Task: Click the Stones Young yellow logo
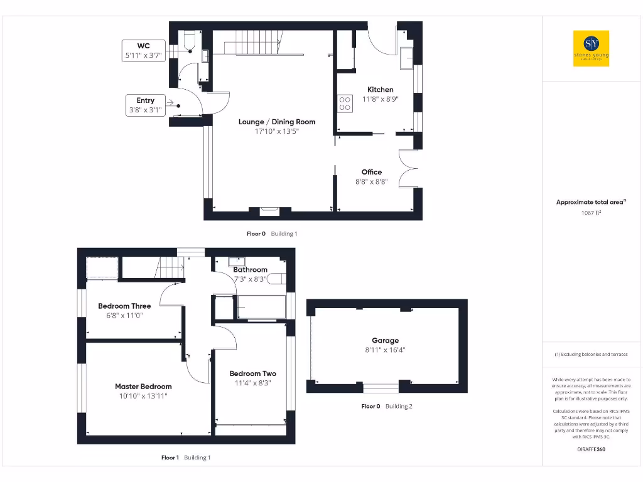(591, 49)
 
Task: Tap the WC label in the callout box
(143, 46)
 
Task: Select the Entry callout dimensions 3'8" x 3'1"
(145, 110)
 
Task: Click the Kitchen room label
(380, 90)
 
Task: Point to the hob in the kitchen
(345, 103)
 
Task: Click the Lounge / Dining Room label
(277, 122)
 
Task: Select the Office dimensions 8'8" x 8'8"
(371, 181)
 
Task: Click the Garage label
(385, 341)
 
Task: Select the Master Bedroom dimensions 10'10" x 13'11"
(143, 396)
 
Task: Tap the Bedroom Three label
(124, 306)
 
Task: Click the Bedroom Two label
(252, 373)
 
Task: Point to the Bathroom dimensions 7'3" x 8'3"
(250, 279)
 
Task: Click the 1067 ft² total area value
(591, 213)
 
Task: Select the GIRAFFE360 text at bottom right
(591, 449)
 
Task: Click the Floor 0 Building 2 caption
(387, 407)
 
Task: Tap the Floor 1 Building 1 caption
(186, 458)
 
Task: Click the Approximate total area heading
(591, 202)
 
